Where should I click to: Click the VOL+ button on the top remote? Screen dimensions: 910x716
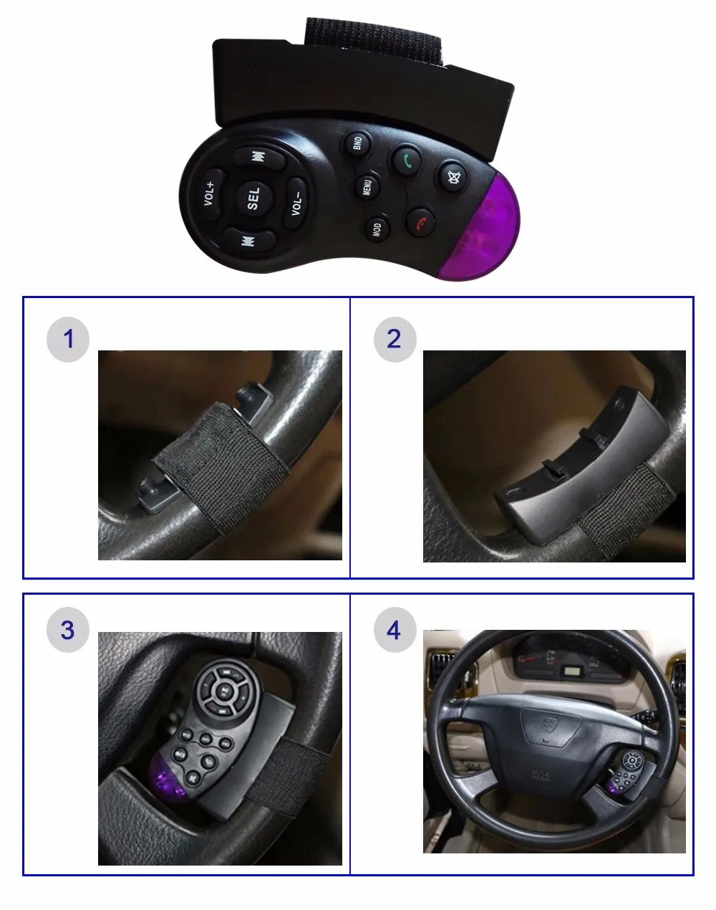pyautogui.click(x=208, y=191)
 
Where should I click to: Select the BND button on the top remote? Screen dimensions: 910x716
pyautogui.click(x=356, y=143)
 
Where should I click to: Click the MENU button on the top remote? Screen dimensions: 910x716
pyautogui.click(x=367, y=186)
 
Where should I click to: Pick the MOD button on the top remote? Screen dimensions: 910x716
pyautogui.click(x=377, y=229)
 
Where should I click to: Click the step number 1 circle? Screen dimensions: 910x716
pyautogui.click(x=68, y=339)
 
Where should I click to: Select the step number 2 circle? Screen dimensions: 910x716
pyautogui.click(x=394, y=339)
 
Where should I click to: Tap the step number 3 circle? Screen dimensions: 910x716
pyautogui.click(x=68, y=631)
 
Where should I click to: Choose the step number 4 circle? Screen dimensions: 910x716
pyautogui.click(x=394, y=631)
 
